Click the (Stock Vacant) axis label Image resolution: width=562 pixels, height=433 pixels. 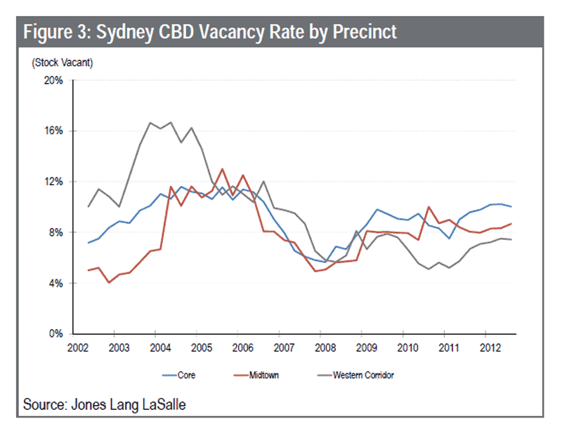tap(62, 62)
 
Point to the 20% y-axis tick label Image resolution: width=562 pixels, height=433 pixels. tap(53, 81)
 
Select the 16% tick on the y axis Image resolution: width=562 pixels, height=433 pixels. tap(53, 131)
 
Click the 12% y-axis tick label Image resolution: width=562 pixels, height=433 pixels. tap(53, 182)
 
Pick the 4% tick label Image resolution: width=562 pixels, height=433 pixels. tap(55, 284)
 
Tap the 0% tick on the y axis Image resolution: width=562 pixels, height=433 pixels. tap(55, 334)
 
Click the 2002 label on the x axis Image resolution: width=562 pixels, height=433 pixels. tap(77, 347)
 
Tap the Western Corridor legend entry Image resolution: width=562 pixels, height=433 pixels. tap(353, 375)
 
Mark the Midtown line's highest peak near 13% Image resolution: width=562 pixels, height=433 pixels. tap(222, 168)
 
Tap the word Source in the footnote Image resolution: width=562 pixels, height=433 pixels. tap(41, 405)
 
